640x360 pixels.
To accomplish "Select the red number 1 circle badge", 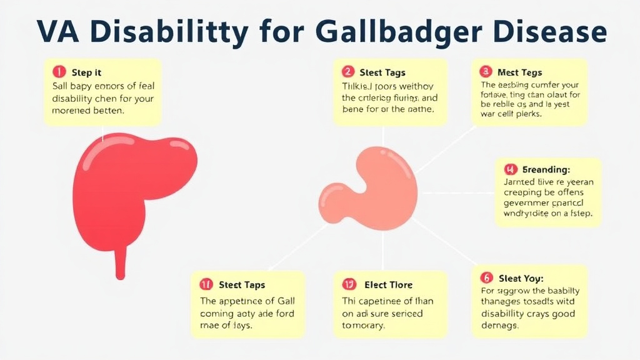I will click(58, 72).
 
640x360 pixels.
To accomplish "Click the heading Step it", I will click(87, 73).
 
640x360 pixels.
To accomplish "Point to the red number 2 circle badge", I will click(349, 72).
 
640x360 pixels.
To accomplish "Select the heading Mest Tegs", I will click(519, 72).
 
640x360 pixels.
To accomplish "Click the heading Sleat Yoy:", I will click(521, 278).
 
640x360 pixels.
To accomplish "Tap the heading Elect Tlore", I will click(388, 285).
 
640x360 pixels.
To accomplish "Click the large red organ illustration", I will click(131, 187).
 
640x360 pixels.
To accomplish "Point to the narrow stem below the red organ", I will click(121, 262).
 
